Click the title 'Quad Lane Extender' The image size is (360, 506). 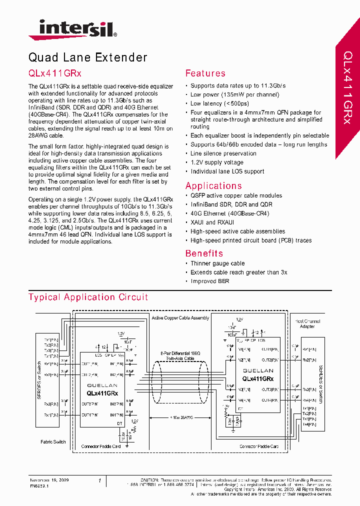88,57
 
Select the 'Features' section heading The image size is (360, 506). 205,73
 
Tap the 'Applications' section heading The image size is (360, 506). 213,186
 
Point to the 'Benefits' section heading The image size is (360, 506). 204,253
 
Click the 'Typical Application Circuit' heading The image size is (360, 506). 88,297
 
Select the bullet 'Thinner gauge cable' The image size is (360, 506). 217,263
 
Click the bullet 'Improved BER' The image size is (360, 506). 209,281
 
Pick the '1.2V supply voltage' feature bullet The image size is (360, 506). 216,162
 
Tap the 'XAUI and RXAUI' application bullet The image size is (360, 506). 212,222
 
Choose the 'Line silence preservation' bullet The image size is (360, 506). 223,153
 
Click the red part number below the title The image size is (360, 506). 55,73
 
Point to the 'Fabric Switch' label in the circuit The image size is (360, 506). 53,442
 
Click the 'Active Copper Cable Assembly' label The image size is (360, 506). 179,318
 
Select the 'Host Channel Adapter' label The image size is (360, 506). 307,324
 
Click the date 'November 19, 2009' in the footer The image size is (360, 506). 49,480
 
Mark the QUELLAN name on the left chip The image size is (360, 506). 102,385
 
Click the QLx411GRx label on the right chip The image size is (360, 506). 257,379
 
